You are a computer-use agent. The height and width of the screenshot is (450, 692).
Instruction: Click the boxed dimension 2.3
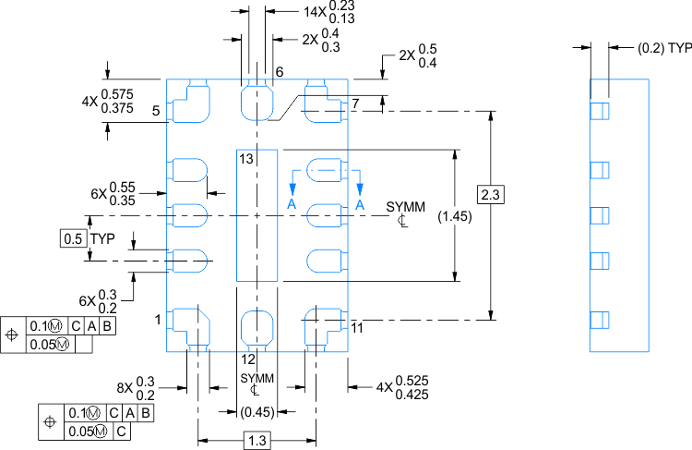(490, 195)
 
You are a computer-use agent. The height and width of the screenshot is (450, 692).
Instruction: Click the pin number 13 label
(245, 160)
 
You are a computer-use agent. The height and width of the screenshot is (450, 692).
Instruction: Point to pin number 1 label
(158, 319)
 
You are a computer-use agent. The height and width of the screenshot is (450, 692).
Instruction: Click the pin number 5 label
(157, 111)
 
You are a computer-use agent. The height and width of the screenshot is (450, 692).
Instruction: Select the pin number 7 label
(354, 103)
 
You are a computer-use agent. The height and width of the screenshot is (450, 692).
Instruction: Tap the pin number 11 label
(357, 327)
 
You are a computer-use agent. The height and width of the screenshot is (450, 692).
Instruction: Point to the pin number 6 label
(279, 72)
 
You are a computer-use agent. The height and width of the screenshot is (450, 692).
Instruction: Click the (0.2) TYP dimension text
(658, 46)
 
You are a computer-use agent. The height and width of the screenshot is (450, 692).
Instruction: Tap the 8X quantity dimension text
(135, 388)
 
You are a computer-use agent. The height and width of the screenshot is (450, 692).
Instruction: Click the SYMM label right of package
(406, 206)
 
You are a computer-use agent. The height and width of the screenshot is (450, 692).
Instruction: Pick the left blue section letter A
(292, 203)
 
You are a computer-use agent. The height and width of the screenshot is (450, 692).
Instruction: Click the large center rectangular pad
(257, 215)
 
